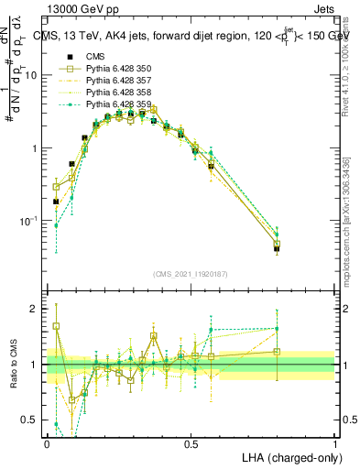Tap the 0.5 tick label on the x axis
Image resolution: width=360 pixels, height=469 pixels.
(191, 443)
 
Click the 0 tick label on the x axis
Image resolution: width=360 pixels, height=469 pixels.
(47, 443)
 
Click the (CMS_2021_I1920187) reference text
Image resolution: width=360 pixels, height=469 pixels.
(191, 274)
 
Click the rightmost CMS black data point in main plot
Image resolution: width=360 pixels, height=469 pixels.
(277, 248)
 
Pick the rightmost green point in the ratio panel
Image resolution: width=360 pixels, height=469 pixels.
(277, 328)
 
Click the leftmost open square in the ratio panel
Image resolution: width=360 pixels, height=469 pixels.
(56, 326)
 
